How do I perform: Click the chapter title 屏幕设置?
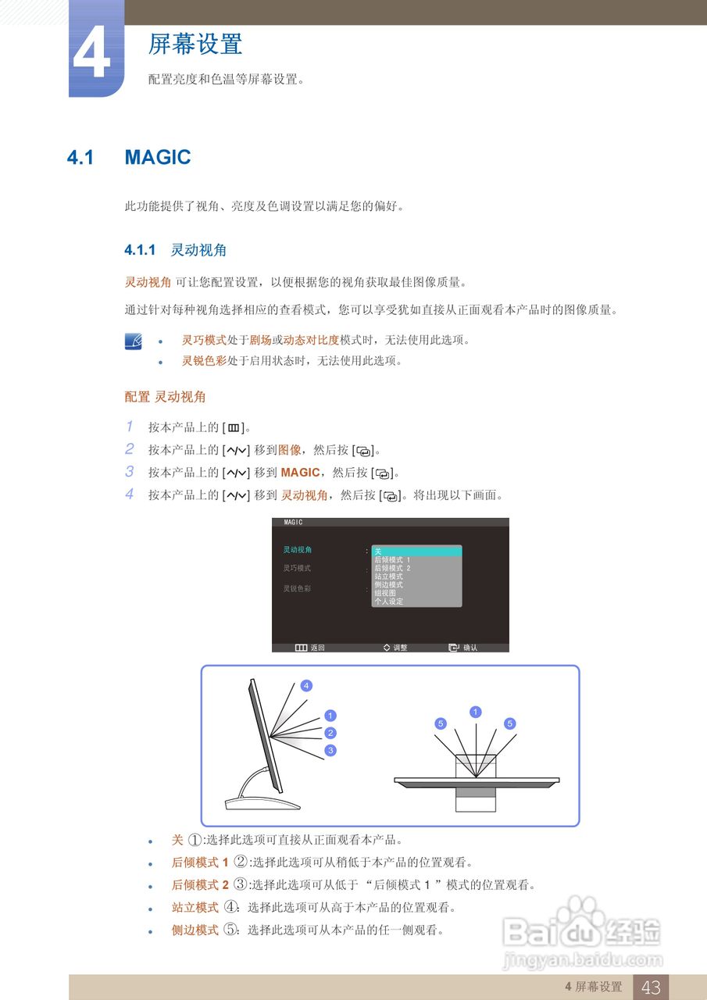195,44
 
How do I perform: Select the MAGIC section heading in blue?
158,157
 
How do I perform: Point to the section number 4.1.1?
141,250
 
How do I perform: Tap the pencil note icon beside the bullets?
134,341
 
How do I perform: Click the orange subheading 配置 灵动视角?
166,397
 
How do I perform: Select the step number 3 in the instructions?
130,472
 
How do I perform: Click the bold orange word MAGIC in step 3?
300,473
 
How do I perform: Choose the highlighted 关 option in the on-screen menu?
416,552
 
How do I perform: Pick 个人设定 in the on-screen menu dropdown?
389,602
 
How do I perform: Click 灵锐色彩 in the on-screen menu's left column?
297,588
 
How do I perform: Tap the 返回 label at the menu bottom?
317,648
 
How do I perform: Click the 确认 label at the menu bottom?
470,648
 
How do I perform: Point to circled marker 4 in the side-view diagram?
306,686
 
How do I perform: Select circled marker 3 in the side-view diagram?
330,750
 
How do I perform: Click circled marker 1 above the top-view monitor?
476,712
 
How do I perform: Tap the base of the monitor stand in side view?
262,804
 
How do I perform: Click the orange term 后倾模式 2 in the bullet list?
200,885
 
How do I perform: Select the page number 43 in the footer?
651,987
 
